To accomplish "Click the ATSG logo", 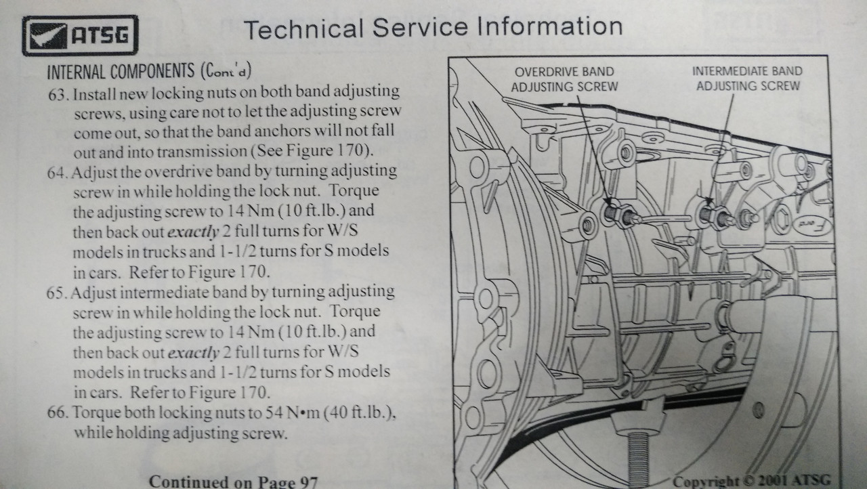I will coord(80,35).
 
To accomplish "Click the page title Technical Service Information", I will coord(433,28).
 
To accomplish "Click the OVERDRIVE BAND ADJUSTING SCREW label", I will coord(564,79).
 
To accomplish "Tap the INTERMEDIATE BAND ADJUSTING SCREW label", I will coord(747,78).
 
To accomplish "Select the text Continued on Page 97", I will coord(232,482).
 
